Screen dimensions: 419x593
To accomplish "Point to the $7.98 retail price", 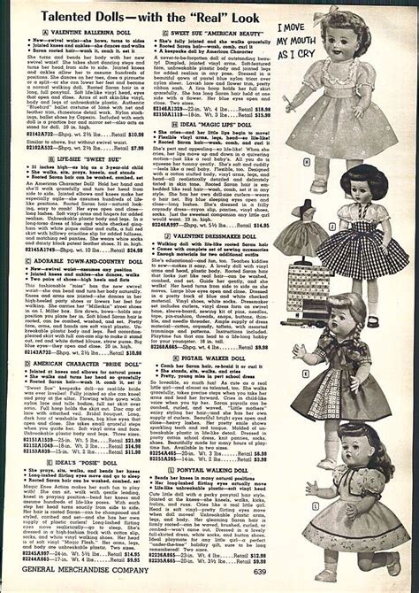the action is pyautogui.click(x=132, y=149).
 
